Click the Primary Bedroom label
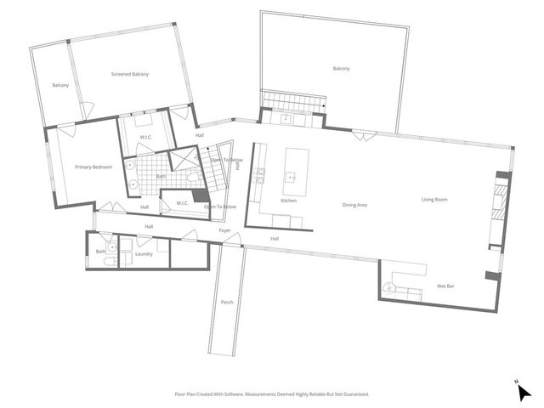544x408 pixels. pos(93,167)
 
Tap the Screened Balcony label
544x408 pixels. pos(130,75)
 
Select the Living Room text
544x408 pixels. pos(434,200)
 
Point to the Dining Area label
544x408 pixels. pos(354,205)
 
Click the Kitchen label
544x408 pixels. pos(289,201)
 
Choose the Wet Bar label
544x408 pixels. pos(447,286)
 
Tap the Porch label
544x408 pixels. pos(227,303)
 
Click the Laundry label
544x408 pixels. pos(144,253)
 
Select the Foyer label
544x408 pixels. pos(225,230)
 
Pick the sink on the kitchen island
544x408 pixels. pos(292,177)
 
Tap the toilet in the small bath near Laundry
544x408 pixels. pos(102,262)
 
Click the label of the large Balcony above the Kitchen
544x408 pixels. pos(341,68)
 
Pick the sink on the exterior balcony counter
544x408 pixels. pos(286,119)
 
